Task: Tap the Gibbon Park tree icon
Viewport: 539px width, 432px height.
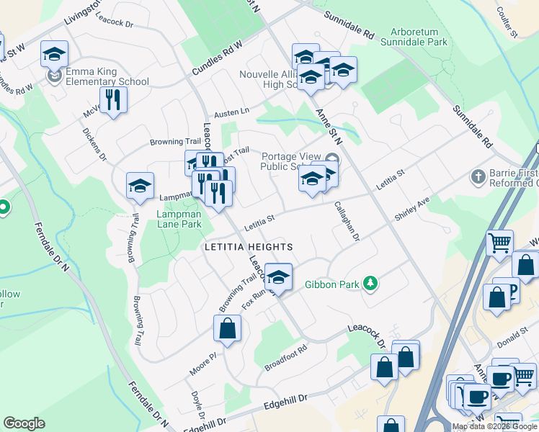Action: point(370,284)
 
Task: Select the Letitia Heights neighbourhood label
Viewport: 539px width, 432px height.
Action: point(249,247)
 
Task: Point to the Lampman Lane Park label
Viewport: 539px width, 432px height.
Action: point(179,219)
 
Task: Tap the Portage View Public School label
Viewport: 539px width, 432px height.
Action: point(290,162)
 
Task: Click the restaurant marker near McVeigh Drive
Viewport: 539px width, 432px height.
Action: point(112,99)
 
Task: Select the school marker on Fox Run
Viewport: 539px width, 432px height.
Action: point(277,276)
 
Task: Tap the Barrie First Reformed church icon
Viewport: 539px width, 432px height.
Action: point(477,176)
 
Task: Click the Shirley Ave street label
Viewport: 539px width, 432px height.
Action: point(411,209)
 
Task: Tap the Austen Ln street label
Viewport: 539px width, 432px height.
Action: point(231,112)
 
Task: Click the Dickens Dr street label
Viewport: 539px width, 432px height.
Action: point(94,145)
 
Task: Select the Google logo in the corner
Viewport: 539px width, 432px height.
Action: point(24,423)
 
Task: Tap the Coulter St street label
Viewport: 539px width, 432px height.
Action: point(507,24)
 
